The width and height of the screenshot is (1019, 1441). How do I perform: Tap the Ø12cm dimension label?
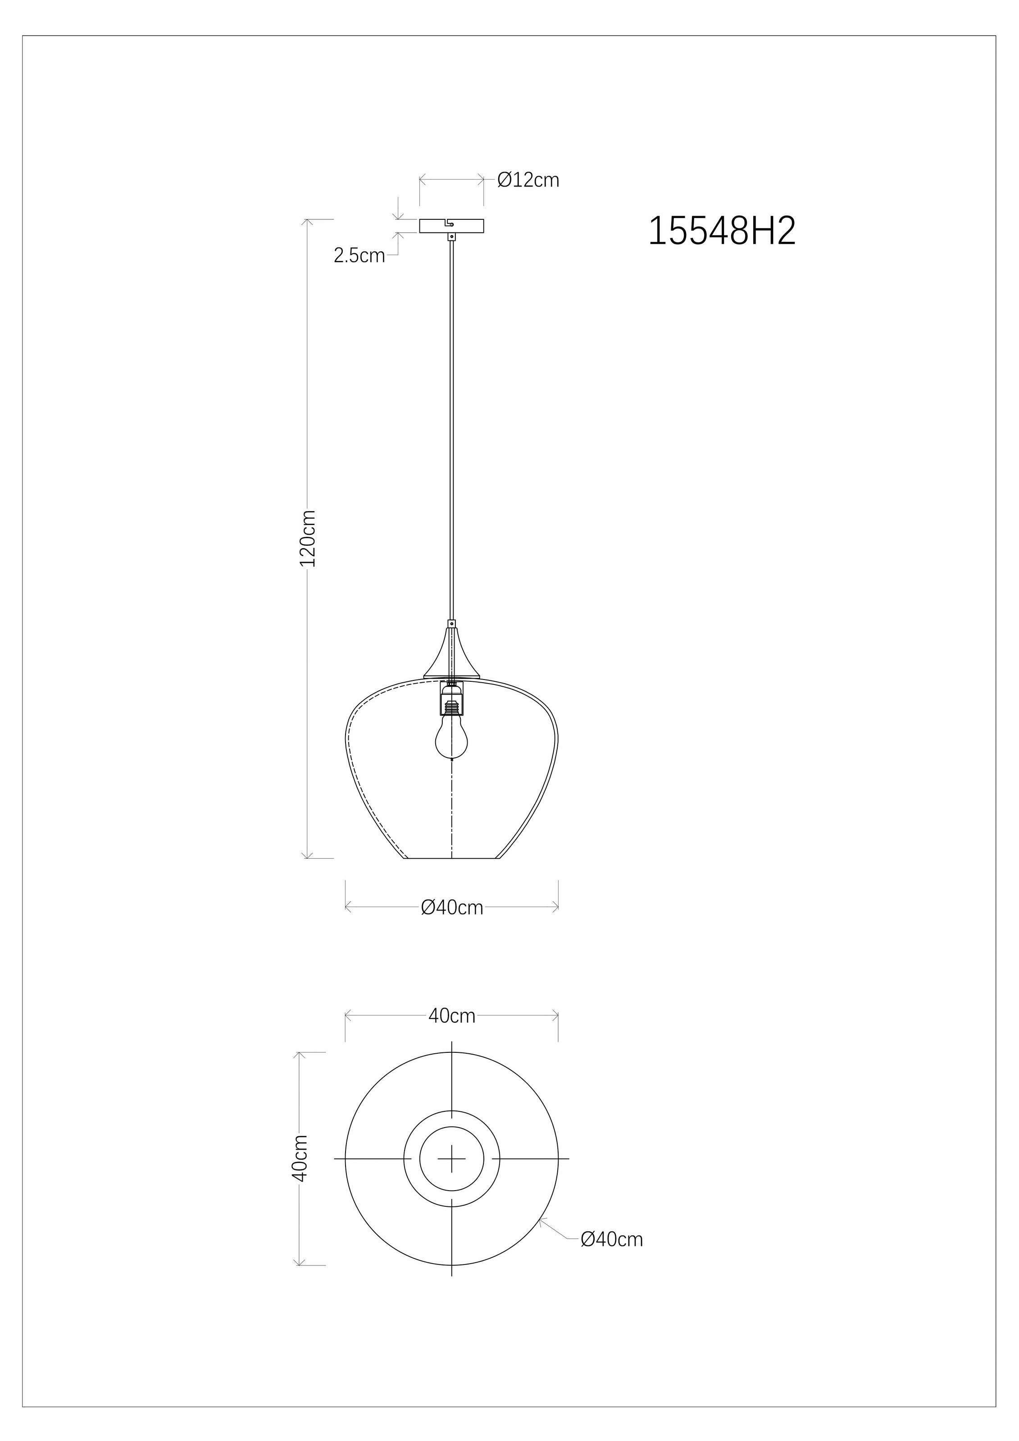coord(528,180)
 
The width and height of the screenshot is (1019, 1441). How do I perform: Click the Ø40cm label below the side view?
coord(452,907)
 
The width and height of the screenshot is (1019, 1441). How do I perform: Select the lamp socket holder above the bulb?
coord(451,698)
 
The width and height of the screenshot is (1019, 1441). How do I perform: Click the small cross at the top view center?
coord(451,1159)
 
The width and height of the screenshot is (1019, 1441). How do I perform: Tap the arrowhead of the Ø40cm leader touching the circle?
coord(541,1219)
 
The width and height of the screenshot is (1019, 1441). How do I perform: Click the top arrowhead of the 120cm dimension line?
coord(307,222)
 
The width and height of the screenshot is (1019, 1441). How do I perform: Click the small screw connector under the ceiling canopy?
coord(451,236)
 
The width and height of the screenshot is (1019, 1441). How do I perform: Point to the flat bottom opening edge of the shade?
coord(451,858)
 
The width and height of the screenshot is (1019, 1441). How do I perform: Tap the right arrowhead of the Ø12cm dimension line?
coord(481,180)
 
